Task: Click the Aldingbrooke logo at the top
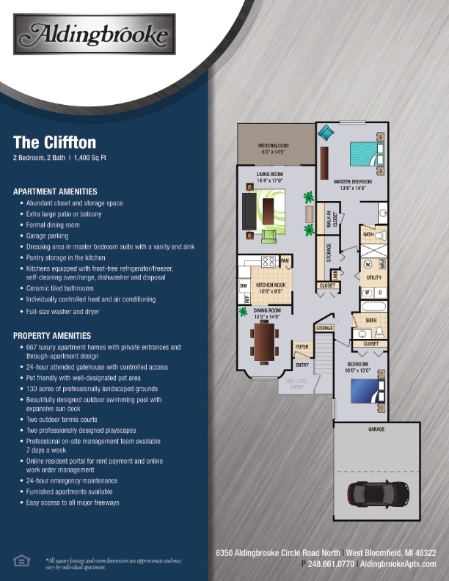coord(95,34)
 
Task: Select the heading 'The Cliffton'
coord(55,142)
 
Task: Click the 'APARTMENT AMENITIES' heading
coord(55,191)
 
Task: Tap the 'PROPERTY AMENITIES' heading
coord(52,335)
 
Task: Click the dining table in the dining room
coord(264,342)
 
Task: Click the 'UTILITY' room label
coord(373,278)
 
